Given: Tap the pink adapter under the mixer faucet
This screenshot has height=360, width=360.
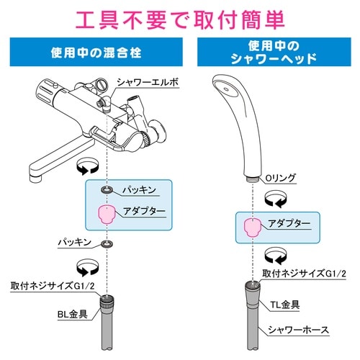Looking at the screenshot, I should pyautogui.click(x=107, y=214).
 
